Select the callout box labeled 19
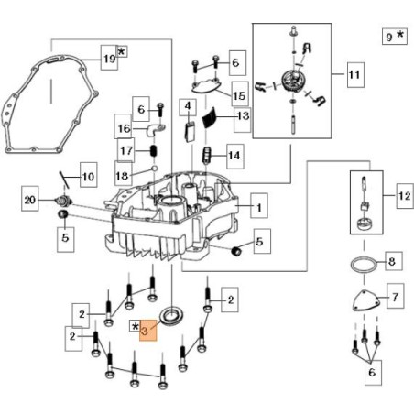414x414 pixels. [110, 59]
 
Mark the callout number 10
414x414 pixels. [87, 176]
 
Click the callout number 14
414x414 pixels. [234, 157]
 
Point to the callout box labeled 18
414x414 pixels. [123, 174]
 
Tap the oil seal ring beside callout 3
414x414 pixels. [170, 317]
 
